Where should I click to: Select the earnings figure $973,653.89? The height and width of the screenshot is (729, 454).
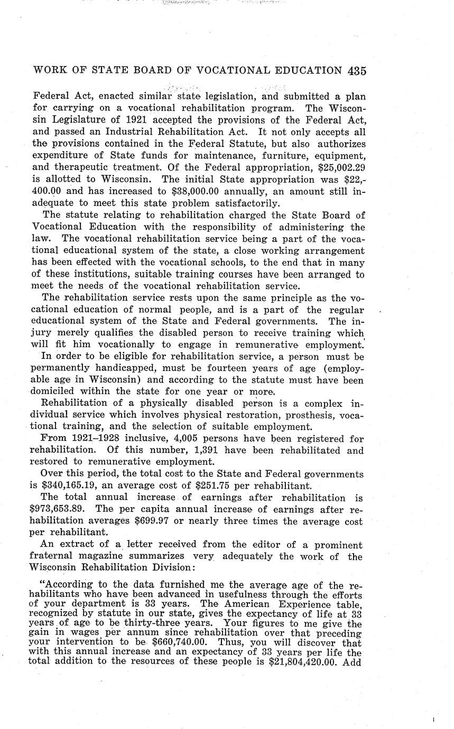(x=58, y=510)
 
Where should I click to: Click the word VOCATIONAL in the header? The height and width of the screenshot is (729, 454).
(x=226, y=71)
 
